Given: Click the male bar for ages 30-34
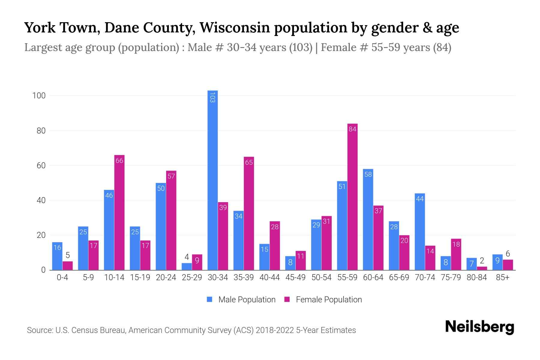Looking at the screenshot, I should pos(213,180).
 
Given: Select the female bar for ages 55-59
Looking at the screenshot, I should pos(352,197).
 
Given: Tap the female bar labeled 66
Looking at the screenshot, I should pos(119,212).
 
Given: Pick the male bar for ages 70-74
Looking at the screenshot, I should pos(420,232).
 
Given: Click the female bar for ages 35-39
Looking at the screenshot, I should pos(249,213).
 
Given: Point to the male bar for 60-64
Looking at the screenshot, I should pos(368,219).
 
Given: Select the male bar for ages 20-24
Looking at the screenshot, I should pos(161,226).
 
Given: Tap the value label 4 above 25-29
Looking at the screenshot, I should pos(187,257).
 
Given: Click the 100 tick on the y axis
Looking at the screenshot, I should pos(39,96).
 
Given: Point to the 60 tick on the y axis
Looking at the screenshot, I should pos(41,166).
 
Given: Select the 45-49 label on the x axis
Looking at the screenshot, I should pos(295,277).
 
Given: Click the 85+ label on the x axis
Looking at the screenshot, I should pos(502,277).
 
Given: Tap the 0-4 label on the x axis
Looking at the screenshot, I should pos(62,277).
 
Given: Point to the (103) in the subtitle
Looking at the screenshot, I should pos(301,47).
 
